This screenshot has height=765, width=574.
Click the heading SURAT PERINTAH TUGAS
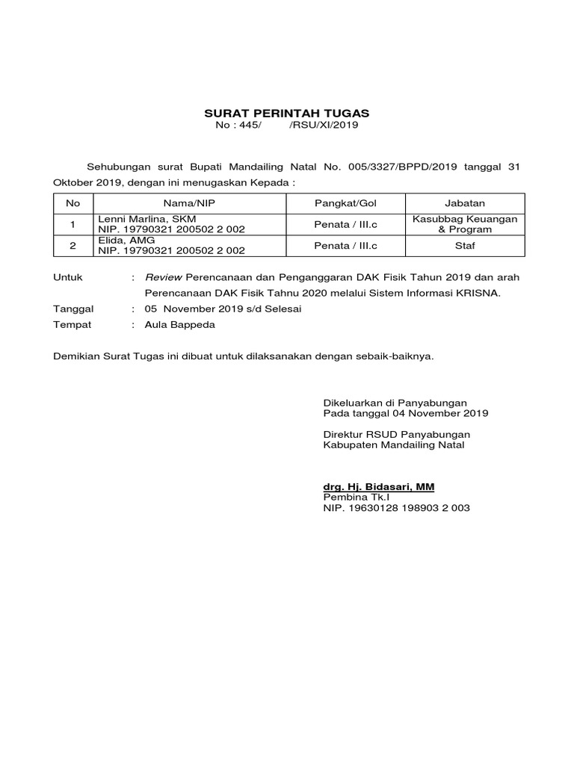287,114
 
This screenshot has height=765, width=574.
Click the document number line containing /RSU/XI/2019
287,126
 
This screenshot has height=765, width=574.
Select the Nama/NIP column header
193,202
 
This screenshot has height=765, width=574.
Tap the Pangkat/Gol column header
346,202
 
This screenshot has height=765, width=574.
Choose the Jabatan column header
465,202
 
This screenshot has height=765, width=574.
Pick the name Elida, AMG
126,240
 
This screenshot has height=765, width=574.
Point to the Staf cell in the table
465,244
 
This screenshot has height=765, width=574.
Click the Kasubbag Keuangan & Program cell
465,224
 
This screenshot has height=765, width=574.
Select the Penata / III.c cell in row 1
346,224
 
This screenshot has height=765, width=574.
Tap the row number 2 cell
72,244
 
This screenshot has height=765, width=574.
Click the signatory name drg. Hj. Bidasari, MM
378,487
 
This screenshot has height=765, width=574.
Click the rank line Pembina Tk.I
357,498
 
